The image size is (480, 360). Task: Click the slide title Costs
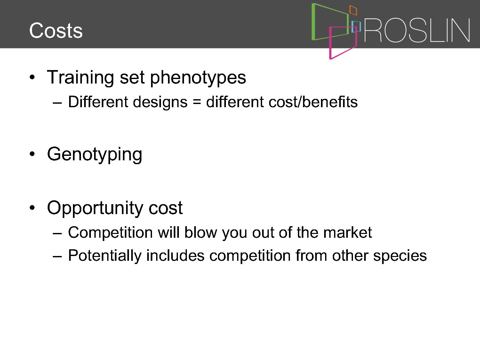(56, 30)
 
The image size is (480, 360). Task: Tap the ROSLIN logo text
(417, 30)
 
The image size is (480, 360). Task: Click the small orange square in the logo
(353, 10)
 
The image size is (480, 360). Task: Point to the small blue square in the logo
(356, 27)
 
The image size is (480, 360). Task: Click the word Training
(80, 77)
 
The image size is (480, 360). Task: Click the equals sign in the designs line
(197, 102)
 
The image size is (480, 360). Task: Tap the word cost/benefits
(313, 102)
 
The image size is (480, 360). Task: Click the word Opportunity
(95, 208)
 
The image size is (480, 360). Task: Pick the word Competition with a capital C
(110, 232)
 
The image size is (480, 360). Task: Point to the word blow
(201, 232)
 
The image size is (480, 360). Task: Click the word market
(348, 232)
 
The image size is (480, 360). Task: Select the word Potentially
(105, 255)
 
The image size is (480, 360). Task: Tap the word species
(400, 256)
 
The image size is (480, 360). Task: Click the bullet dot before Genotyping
(32, 154)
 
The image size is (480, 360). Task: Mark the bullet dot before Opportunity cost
(32, 208)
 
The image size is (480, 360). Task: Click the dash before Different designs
(57, 103)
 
